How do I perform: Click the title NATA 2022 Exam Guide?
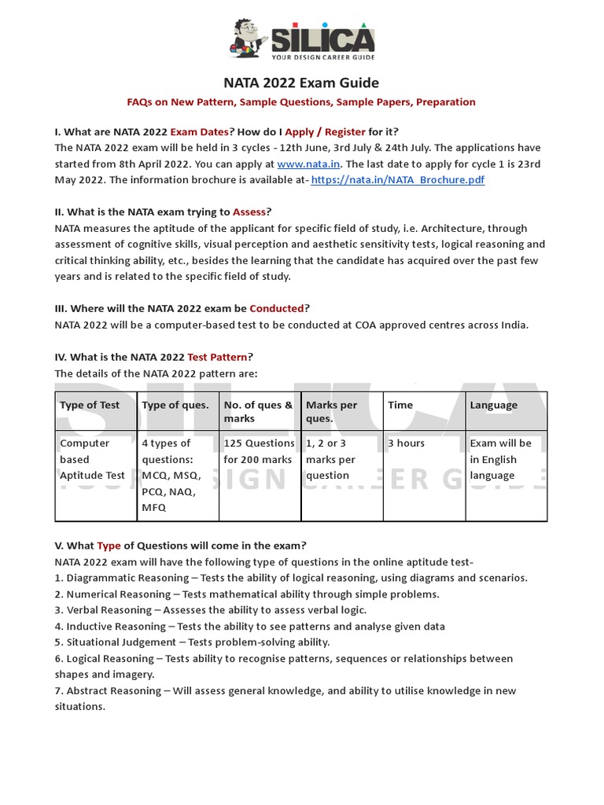click(301, 83)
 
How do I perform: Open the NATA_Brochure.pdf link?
click(398, 180)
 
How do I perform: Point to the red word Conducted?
click(276, 309)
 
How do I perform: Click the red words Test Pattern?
click(218, 357)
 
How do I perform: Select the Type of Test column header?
click(90, 406)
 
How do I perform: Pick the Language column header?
click(494, 406)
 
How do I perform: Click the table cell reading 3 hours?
click(406, 443)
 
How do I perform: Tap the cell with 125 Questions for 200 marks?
click(258, 451)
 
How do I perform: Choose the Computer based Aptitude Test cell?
click(92, 459)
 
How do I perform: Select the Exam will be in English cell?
click(500, 459)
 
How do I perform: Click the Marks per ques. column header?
click(331, 412)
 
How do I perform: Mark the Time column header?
click(400, 406)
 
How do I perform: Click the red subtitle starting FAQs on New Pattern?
click(301, 102)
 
